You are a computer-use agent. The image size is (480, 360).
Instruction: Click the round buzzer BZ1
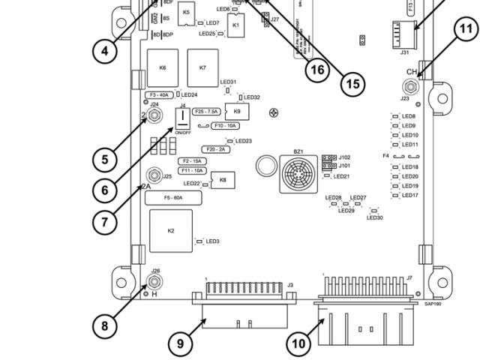coord(298,175)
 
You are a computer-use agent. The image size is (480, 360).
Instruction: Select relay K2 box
coord(171,231)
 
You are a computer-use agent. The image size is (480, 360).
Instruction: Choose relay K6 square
coord(163,67)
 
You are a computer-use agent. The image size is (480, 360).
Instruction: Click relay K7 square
coord(202,67)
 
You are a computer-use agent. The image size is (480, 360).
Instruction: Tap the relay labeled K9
coord(237,111)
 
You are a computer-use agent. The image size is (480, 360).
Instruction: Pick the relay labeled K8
coord(223,179)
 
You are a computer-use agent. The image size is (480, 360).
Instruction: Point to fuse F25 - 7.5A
coord(205,111)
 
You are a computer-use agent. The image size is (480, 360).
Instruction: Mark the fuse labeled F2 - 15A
coord(191,161)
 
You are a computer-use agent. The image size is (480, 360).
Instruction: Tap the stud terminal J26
coord(154,281)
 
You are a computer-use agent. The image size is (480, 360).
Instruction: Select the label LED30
coord(375,217)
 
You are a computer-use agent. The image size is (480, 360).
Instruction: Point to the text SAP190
coord(432,305)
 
